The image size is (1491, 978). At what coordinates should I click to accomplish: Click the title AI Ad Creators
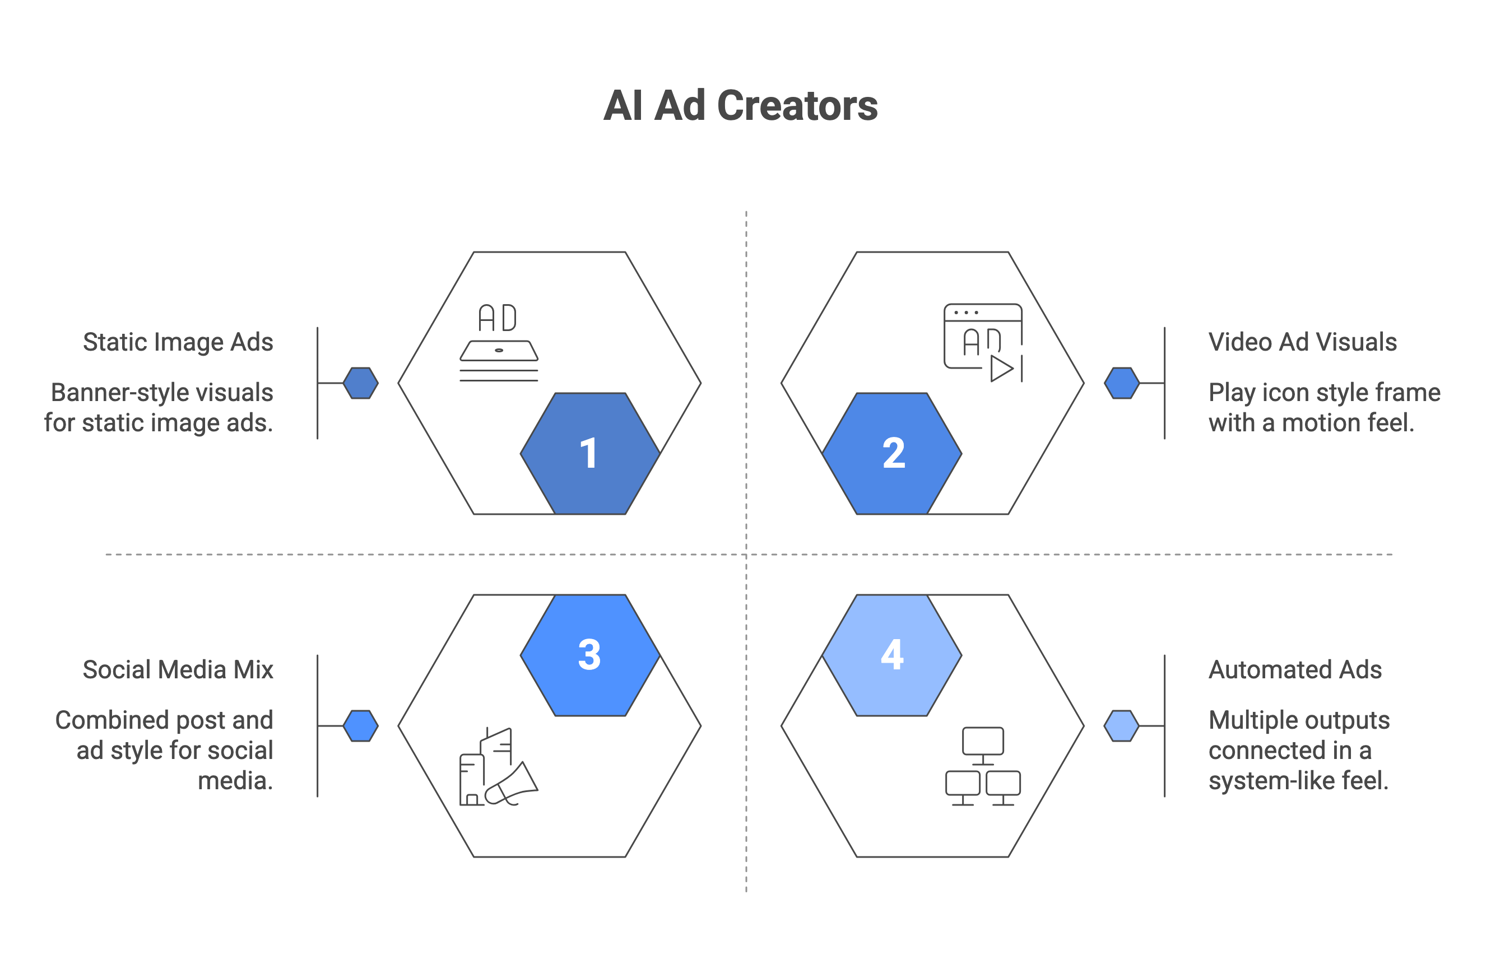[741, 105]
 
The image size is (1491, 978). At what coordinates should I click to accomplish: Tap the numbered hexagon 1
[590, 453]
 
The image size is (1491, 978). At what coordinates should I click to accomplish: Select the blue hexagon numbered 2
[891, 453]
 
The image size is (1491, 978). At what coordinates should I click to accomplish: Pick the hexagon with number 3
[590, 655]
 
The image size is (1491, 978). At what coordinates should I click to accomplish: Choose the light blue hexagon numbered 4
[891, 655]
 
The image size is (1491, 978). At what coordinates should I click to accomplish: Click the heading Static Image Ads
[178, 342]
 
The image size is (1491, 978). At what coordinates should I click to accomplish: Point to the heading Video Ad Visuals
[1302, 342]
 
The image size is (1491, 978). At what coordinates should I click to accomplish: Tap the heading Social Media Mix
[178, 669]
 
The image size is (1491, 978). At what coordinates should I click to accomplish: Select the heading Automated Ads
[1295, 669]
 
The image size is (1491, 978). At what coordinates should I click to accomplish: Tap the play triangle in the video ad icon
[1001, 368]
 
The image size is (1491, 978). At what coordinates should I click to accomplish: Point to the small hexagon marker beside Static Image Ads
[361, 383]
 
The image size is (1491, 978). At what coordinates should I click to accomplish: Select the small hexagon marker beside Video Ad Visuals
[1121, 383]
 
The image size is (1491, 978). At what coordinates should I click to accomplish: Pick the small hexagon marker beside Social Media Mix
[361, 726]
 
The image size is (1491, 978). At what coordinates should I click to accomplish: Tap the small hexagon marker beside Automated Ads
[1121, 726]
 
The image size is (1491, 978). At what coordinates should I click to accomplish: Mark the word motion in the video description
[1320, 423]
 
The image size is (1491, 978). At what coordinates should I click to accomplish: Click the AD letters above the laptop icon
[498, 318]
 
